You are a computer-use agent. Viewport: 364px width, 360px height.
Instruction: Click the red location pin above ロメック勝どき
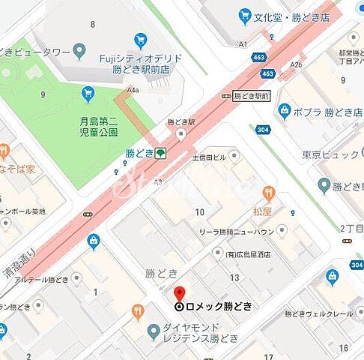179,293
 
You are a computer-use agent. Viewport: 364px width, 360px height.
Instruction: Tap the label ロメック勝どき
213,306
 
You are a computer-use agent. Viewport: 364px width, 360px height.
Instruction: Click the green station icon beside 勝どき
160,154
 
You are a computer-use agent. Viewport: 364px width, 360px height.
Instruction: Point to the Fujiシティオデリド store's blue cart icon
140,40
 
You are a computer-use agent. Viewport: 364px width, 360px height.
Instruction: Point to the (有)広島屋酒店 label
255,255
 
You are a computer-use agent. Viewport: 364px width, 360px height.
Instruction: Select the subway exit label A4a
133,90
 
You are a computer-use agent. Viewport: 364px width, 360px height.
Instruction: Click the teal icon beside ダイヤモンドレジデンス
153,328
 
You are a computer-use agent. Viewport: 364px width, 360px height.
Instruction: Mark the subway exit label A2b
297,65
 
